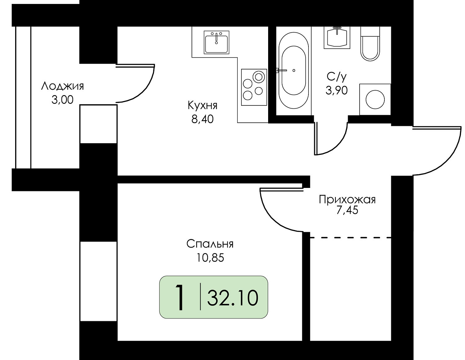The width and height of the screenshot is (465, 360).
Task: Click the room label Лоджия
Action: pos(62,86)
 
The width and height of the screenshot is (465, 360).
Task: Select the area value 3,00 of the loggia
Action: pos(62,100)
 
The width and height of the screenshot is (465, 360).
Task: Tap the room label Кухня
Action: pos(202,105)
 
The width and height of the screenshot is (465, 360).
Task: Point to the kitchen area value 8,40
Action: pos(202,119)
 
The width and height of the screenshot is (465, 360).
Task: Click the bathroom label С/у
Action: pos(337,77)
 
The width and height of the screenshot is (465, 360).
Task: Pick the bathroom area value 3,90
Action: pos(337,90)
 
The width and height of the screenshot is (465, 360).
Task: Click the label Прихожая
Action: pos(347,199)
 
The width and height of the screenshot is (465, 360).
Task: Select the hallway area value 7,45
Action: pos(347,210)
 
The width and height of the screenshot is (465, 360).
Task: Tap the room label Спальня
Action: pos(210,244)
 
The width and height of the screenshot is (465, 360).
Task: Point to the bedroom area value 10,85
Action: pos(210,258)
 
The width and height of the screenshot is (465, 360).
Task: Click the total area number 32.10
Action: pos(232,298)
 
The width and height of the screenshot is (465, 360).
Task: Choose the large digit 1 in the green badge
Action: pos(180,298)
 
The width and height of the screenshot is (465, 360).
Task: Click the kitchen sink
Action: pos(216,42)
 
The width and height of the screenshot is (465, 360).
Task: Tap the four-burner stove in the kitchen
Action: pos(254,87)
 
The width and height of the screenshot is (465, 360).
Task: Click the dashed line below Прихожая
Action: pos(350,237)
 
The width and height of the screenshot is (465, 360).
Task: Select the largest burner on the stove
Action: pos(258,77)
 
